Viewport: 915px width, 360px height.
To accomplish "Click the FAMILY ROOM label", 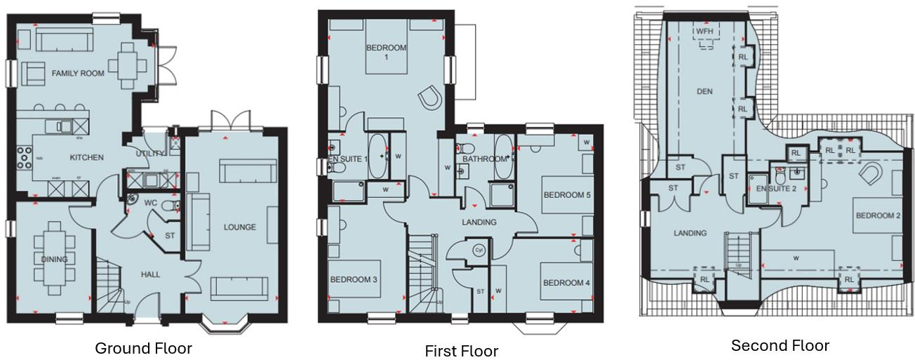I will tap(78, 73).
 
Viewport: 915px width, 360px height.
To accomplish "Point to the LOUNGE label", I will tap(240, 227).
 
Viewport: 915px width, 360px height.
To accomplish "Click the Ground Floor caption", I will tap(143, 348).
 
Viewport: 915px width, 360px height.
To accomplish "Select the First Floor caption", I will tap(461, 351).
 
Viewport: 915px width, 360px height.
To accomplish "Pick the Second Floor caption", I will tap(780, 345).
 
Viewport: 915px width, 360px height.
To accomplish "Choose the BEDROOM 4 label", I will tap(566, 283).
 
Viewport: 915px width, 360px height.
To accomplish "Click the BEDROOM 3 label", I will tap(354, 279).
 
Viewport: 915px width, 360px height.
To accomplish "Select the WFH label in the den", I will tap(703, 32).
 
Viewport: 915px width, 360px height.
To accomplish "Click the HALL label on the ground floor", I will tap(149, 274).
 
